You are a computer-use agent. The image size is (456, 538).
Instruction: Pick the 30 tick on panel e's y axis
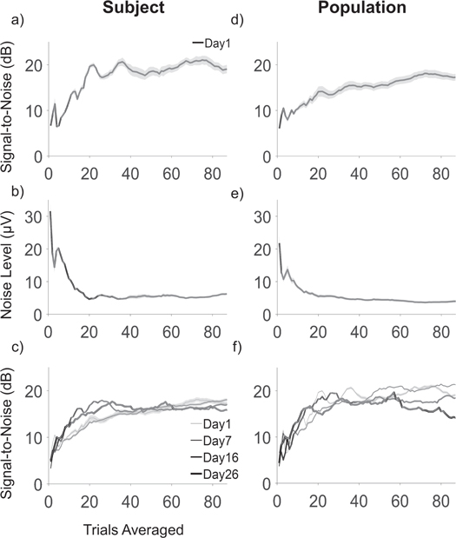(x=261, y=212)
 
